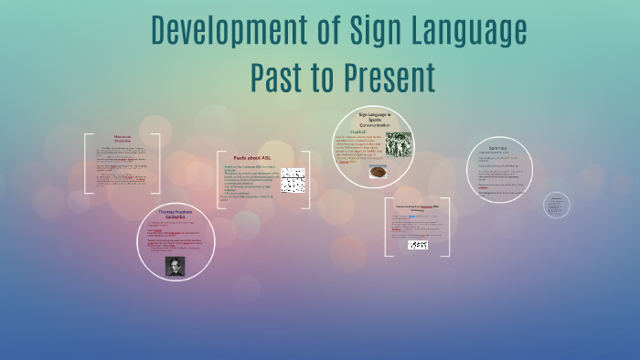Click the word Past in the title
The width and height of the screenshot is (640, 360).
(x=284, y=78)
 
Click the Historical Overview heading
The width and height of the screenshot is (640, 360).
(x=123, y=139)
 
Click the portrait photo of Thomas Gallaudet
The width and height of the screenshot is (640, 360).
(x=176, y=265)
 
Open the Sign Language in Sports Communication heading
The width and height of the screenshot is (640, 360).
(x=374, y=119)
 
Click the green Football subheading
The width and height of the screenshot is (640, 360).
(x=345, y=132)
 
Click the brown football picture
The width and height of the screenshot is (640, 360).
(x=378, y=171)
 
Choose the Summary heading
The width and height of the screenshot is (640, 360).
(x=497, y=148)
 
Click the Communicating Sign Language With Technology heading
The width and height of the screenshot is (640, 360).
(x=417, y=208)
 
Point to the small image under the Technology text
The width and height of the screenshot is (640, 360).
(x=417, y=245)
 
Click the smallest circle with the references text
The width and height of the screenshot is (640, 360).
(x=556, y=206)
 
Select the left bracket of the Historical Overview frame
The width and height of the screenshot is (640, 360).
(x=87, y=164)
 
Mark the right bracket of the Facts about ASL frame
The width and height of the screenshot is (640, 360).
(x=306, y=179)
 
